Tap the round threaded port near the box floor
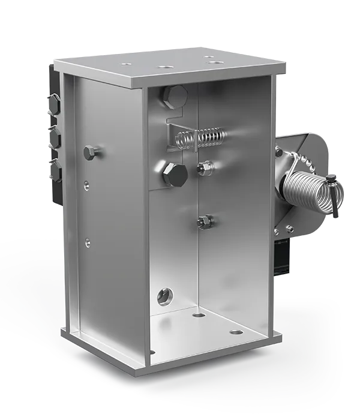tap(164, 295)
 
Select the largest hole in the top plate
tap(163, 62)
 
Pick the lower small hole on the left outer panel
tap(88, 242)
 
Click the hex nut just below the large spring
tap(289, 228)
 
